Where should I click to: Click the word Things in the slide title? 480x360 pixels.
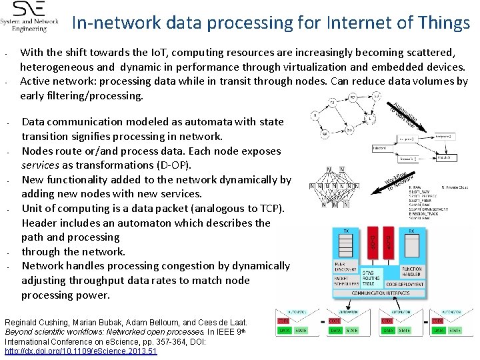(x=441, y=23)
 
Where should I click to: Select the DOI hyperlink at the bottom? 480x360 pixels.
(x=81, y=351)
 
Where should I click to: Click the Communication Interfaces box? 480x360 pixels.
(x=377, y=293)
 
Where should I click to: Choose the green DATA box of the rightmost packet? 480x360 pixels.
(x=438, y=329)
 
